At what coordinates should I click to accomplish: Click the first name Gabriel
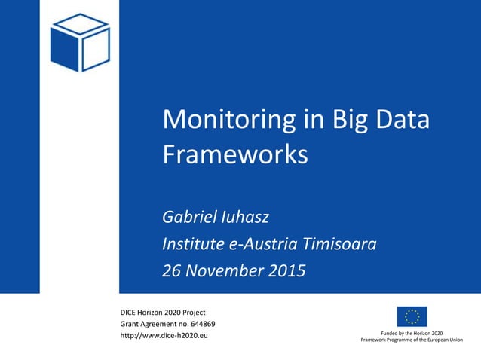point(188,218)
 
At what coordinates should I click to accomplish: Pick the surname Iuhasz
point(244,218)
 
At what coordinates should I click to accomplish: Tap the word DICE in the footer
point(130,312)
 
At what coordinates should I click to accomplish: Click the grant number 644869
point(199,324)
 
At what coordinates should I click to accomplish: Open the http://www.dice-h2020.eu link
point(164,335)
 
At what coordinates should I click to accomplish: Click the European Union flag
point(412,316)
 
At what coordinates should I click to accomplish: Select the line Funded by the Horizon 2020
point(412,333)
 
